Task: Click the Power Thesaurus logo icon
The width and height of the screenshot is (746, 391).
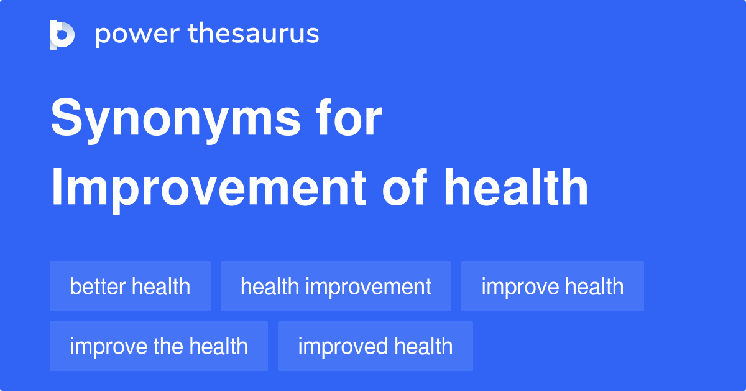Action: tap(62, 34)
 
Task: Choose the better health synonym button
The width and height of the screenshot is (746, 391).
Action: tap(130, 286)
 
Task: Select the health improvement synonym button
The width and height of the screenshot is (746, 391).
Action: tap(336, 286)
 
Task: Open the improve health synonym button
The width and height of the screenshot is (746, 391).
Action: tap(552, 286)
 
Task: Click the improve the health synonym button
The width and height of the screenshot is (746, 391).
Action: tap(159, 346)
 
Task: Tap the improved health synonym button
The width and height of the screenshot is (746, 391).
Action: tap(375, 346)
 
